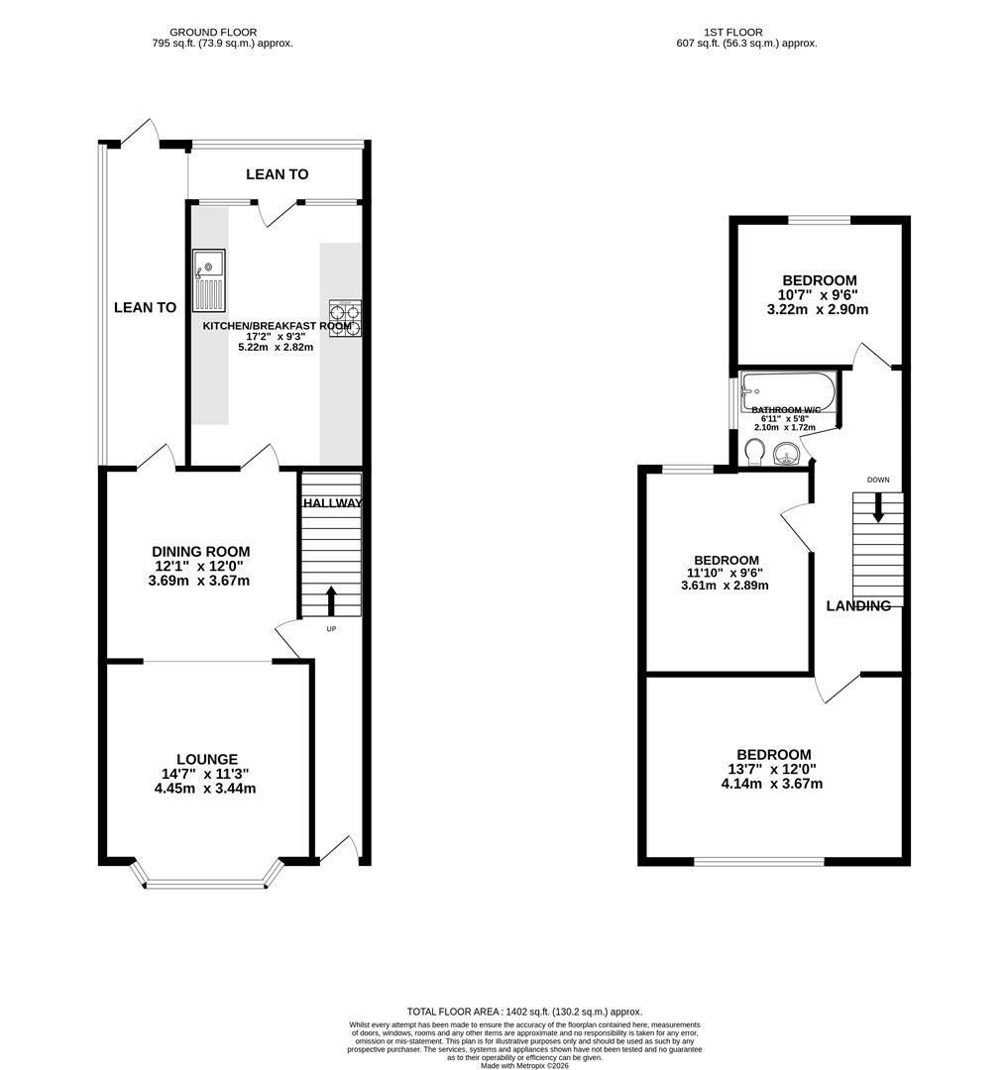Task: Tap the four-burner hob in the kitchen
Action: point(344,319)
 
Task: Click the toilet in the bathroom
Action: point(752,453)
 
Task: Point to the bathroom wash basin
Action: point(788,456)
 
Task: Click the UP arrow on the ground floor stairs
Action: point(330,599)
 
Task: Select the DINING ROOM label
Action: point(200,552)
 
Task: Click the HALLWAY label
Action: point(332,503)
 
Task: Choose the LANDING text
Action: point(858,605)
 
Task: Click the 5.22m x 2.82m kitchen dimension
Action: point(276,347)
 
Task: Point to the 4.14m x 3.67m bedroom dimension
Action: point(772,784)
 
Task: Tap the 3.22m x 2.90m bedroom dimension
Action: point(818,309)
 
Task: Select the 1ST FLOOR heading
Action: point(733,32)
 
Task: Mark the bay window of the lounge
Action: point(207,878)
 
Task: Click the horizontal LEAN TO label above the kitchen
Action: point(277,174)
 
